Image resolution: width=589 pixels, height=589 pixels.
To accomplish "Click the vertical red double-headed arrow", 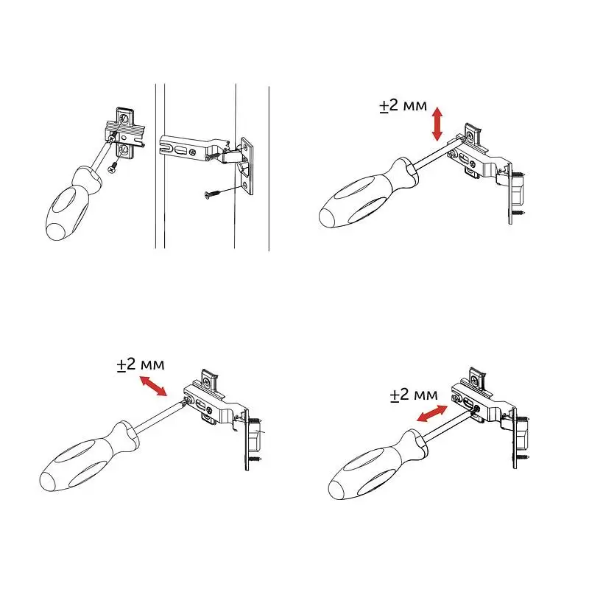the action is click(437, 124).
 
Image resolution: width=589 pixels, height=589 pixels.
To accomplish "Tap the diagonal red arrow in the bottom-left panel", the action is click(153, 387).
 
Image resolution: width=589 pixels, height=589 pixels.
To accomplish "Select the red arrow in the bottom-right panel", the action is click(432, 414).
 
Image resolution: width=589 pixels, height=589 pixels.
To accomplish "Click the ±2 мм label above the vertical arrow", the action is click(403, 105).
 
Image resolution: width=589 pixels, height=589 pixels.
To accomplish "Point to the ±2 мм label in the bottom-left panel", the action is click(141, 364).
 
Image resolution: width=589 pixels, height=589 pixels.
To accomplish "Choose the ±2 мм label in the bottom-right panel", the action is click(414, 395).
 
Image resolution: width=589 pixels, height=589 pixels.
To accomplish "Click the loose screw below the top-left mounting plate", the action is click(113, 169).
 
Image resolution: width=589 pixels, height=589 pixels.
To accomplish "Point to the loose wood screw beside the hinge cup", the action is click(214, 194).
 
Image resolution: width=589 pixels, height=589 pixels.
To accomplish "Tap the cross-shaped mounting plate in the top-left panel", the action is click(124, 133).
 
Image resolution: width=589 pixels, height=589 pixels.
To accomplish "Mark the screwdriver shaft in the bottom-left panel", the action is click(161, 417).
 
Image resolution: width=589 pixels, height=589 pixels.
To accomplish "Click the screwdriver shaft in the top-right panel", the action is click(437, 155).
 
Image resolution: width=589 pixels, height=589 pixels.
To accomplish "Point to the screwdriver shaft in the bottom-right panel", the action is click(447, 426).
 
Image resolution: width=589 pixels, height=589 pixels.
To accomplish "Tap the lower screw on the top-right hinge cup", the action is click(518, 213).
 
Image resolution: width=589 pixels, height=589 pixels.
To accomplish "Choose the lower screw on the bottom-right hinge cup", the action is click(523, 457).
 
